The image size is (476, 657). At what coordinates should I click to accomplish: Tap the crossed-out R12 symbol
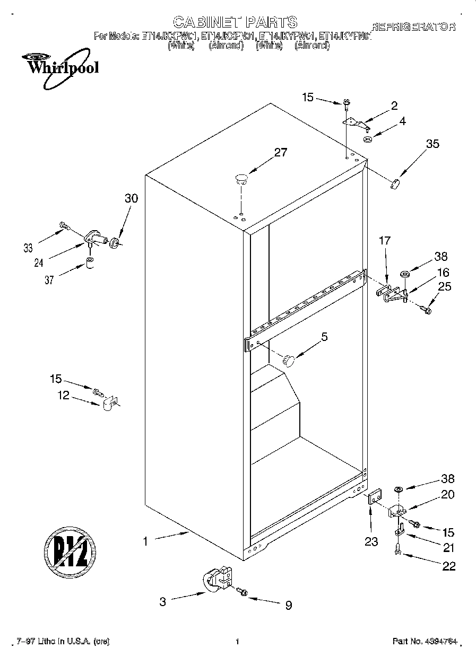pos(70,550)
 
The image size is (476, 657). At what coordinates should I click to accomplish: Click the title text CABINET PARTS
pos(235,22)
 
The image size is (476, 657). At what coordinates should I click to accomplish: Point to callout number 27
pos(280,153)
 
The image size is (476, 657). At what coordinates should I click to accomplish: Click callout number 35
pos(432,143)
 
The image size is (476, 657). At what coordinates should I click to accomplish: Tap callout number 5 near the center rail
pos(324,336)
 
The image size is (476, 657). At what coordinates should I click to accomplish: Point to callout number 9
pos(288,605)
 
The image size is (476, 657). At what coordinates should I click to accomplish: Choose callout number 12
pos(64,395)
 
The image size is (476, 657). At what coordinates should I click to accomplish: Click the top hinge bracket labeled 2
pos(356,123)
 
